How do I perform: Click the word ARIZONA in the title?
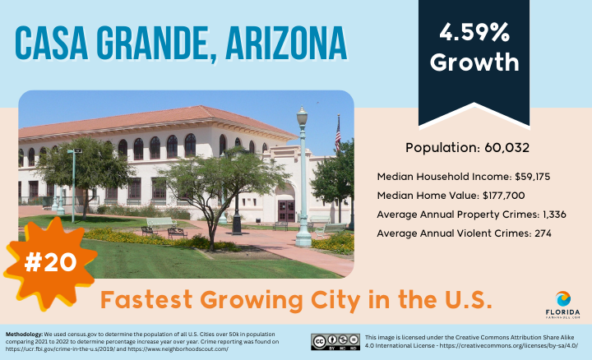point(286,43)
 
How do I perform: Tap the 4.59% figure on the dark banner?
point(474,32)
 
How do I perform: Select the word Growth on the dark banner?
point(474,62)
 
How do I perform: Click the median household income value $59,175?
point(532,177)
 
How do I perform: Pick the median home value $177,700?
point(504,196)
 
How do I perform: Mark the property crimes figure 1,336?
point(554,215)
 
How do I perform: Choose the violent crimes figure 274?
point(543,233)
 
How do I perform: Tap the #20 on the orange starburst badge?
point(50,262)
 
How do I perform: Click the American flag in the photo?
point(338,134)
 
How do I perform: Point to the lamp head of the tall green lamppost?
point(302,116)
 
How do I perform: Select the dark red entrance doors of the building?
point(286,211)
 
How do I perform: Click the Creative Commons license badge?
point(335,342)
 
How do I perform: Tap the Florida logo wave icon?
point(563,299)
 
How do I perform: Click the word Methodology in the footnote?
point(24,335)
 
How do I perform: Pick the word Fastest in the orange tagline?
point(146,300)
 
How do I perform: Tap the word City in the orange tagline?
point(336,301)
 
